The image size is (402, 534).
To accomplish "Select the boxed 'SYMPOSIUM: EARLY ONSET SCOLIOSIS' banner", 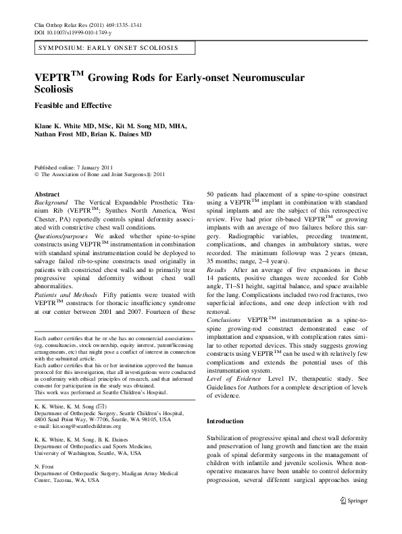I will pyautogui.click(x=108, y=49).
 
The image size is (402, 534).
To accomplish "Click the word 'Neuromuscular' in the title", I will pyautogui.click(x=268, y=78).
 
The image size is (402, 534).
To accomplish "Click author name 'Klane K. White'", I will pyautogui.click(x=58, y=126).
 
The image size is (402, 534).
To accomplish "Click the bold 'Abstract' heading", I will pyautogui.click(x=47, y=194).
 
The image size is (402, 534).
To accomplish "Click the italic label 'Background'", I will pyautogui.click(x=51, y=203).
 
